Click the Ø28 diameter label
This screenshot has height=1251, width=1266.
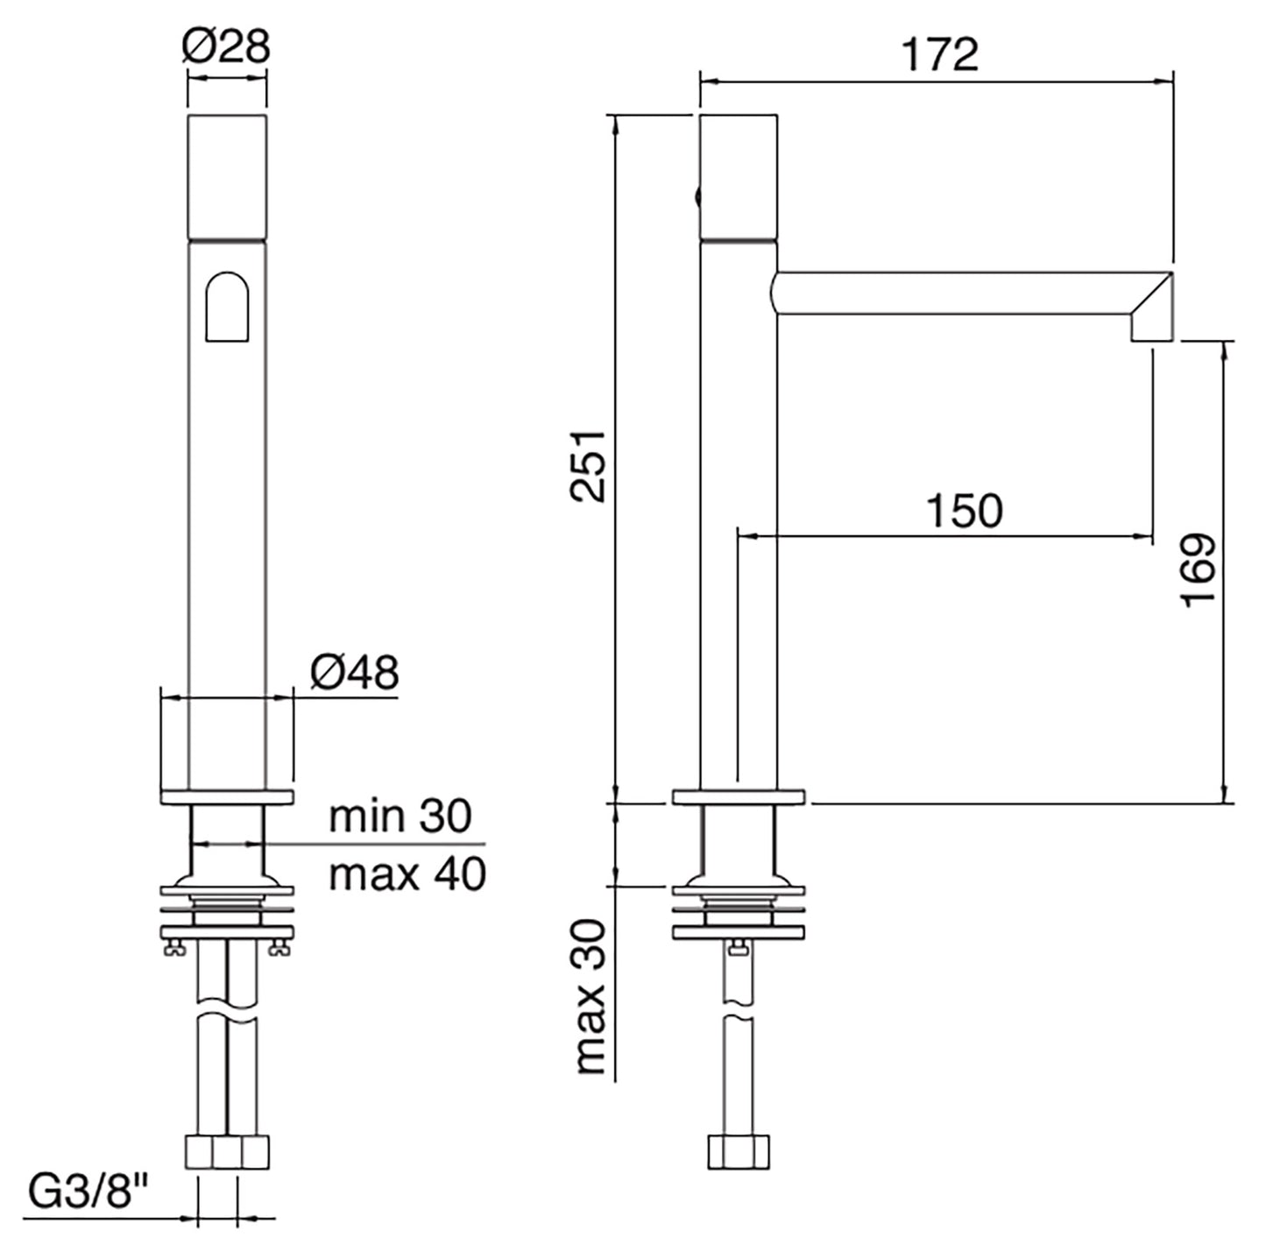click(x=226, y=46)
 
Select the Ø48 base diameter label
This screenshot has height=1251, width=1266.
click(x=354, y=673)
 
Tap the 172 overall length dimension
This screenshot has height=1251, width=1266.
click(x=939, y=54)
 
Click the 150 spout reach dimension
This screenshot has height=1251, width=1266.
click(x=964, y=511)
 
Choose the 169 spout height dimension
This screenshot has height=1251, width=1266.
click(x=1198, y=569)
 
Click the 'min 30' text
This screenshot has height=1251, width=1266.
click(x=400, y=816)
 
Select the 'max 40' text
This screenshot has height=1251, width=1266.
click(x=407, y=873)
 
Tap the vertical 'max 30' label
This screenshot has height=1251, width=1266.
click(x=591, y=996)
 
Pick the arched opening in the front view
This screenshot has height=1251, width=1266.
click(x=227, y=307)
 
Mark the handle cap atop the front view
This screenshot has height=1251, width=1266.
click(x=227, y=175)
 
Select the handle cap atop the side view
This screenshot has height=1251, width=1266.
click(x=739, y=175)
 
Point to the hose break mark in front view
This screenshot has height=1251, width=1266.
click(x=227, y=1019)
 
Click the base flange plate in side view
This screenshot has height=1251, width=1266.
click(x=739, y=797)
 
